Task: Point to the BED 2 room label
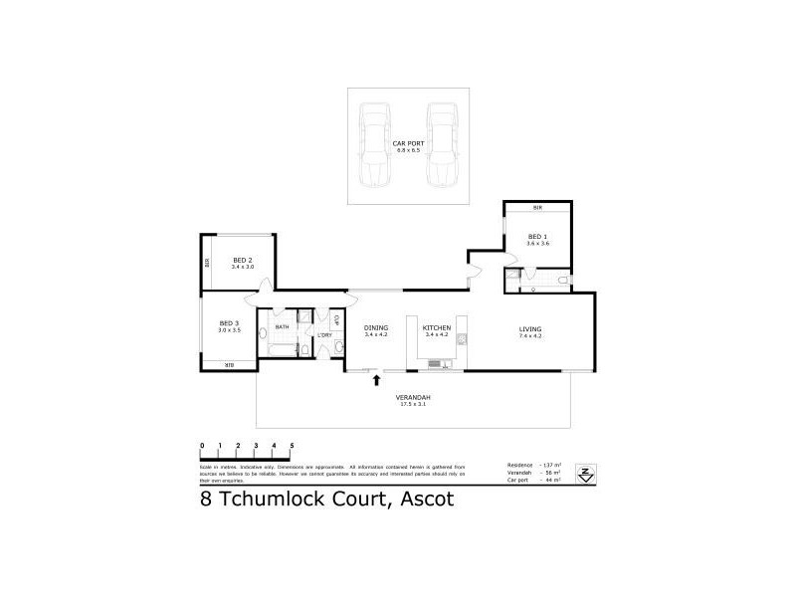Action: point(243,262)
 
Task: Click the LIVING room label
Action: point(528,330)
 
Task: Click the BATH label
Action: point(282,326)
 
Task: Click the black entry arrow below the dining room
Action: point(376,379)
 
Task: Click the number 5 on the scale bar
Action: point(292,446)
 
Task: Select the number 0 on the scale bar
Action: point(202,446)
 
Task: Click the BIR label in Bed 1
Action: point(537,207)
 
